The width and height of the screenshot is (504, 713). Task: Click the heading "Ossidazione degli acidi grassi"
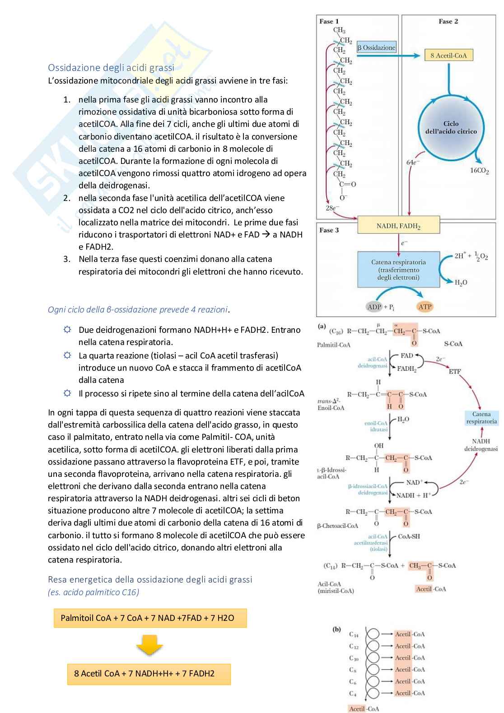(x=111, y=68)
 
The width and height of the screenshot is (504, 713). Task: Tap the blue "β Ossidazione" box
(x=376, y=47)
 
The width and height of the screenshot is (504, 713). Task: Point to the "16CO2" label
(x=480, y=171)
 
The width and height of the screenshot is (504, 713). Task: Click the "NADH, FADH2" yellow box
(x=398, y=226)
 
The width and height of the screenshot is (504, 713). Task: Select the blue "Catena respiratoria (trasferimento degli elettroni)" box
(x=398, y=270)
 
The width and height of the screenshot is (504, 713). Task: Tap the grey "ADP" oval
(x=374, y=307)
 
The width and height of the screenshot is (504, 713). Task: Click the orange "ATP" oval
(x=425, y=307)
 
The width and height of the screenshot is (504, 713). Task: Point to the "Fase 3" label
(x=329, y=230)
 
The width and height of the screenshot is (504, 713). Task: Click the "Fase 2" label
(x=448, y=21)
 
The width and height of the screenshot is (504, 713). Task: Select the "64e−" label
(x=413, y=162)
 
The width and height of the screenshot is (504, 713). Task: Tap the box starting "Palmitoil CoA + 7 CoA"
(x=150, y=618)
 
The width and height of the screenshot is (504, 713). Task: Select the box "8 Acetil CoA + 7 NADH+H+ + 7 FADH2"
(x=149, y=674)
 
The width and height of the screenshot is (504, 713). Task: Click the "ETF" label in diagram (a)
(x=455, y=372)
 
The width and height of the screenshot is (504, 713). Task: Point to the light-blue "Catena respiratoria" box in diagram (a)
(x=481, y=418)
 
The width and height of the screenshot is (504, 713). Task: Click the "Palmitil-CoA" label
(x=333, y=345)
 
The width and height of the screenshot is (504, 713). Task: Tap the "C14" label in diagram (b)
(x=353, y=634)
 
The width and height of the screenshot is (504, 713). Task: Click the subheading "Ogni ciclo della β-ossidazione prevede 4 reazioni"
(x=138, y=309)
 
